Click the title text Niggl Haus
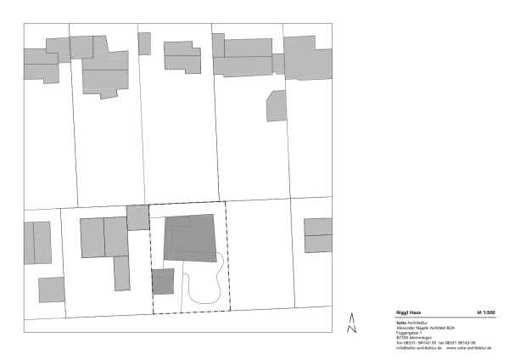point(410,313)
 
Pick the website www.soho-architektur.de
point(468,348)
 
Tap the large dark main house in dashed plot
point(189,237)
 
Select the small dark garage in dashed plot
point(162,281)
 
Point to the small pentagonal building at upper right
point(277,105)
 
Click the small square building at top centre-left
point(144,43)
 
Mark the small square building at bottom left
point(51,290)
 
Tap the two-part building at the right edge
point(318,235)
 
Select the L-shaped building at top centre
point(181,56)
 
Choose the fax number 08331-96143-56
point(458,343)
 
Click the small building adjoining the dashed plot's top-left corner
point(137,217)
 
